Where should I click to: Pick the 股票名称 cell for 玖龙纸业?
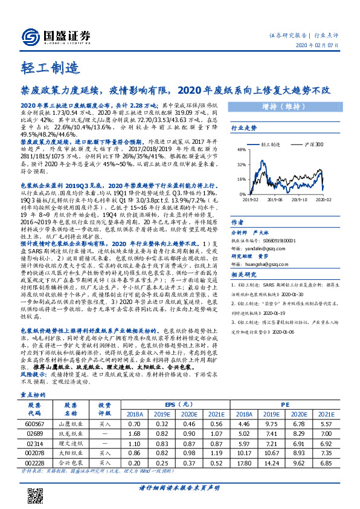click(70, 435)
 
